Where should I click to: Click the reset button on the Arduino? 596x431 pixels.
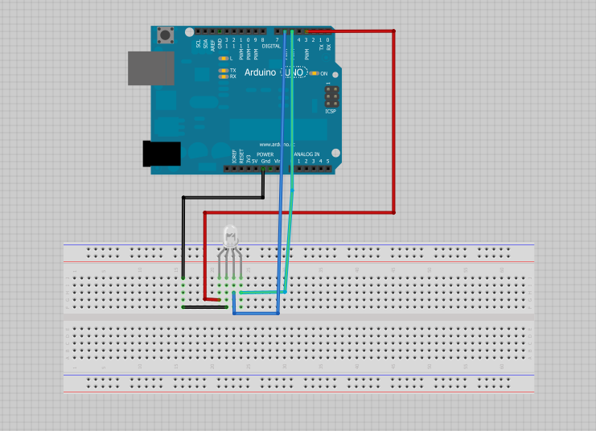coord(166,36)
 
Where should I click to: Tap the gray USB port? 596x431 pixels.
coord(151,68)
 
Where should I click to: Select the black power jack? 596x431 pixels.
coord(161,154)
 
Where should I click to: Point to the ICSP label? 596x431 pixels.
coord(330,111)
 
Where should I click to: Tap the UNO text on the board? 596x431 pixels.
coord(294,72)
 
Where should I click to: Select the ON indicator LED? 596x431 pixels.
coord(314,73)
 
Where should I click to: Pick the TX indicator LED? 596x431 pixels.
coord(223,71)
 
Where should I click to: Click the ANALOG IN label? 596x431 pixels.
coord(306,154)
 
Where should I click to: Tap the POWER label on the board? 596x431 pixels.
coord(265,154)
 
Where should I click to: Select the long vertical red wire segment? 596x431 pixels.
coord(393,121)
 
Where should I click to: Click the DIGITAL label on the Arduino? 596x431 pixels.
coord(271,45)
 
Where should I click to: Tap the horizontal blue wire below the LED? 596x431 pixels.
coord(256,314)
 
